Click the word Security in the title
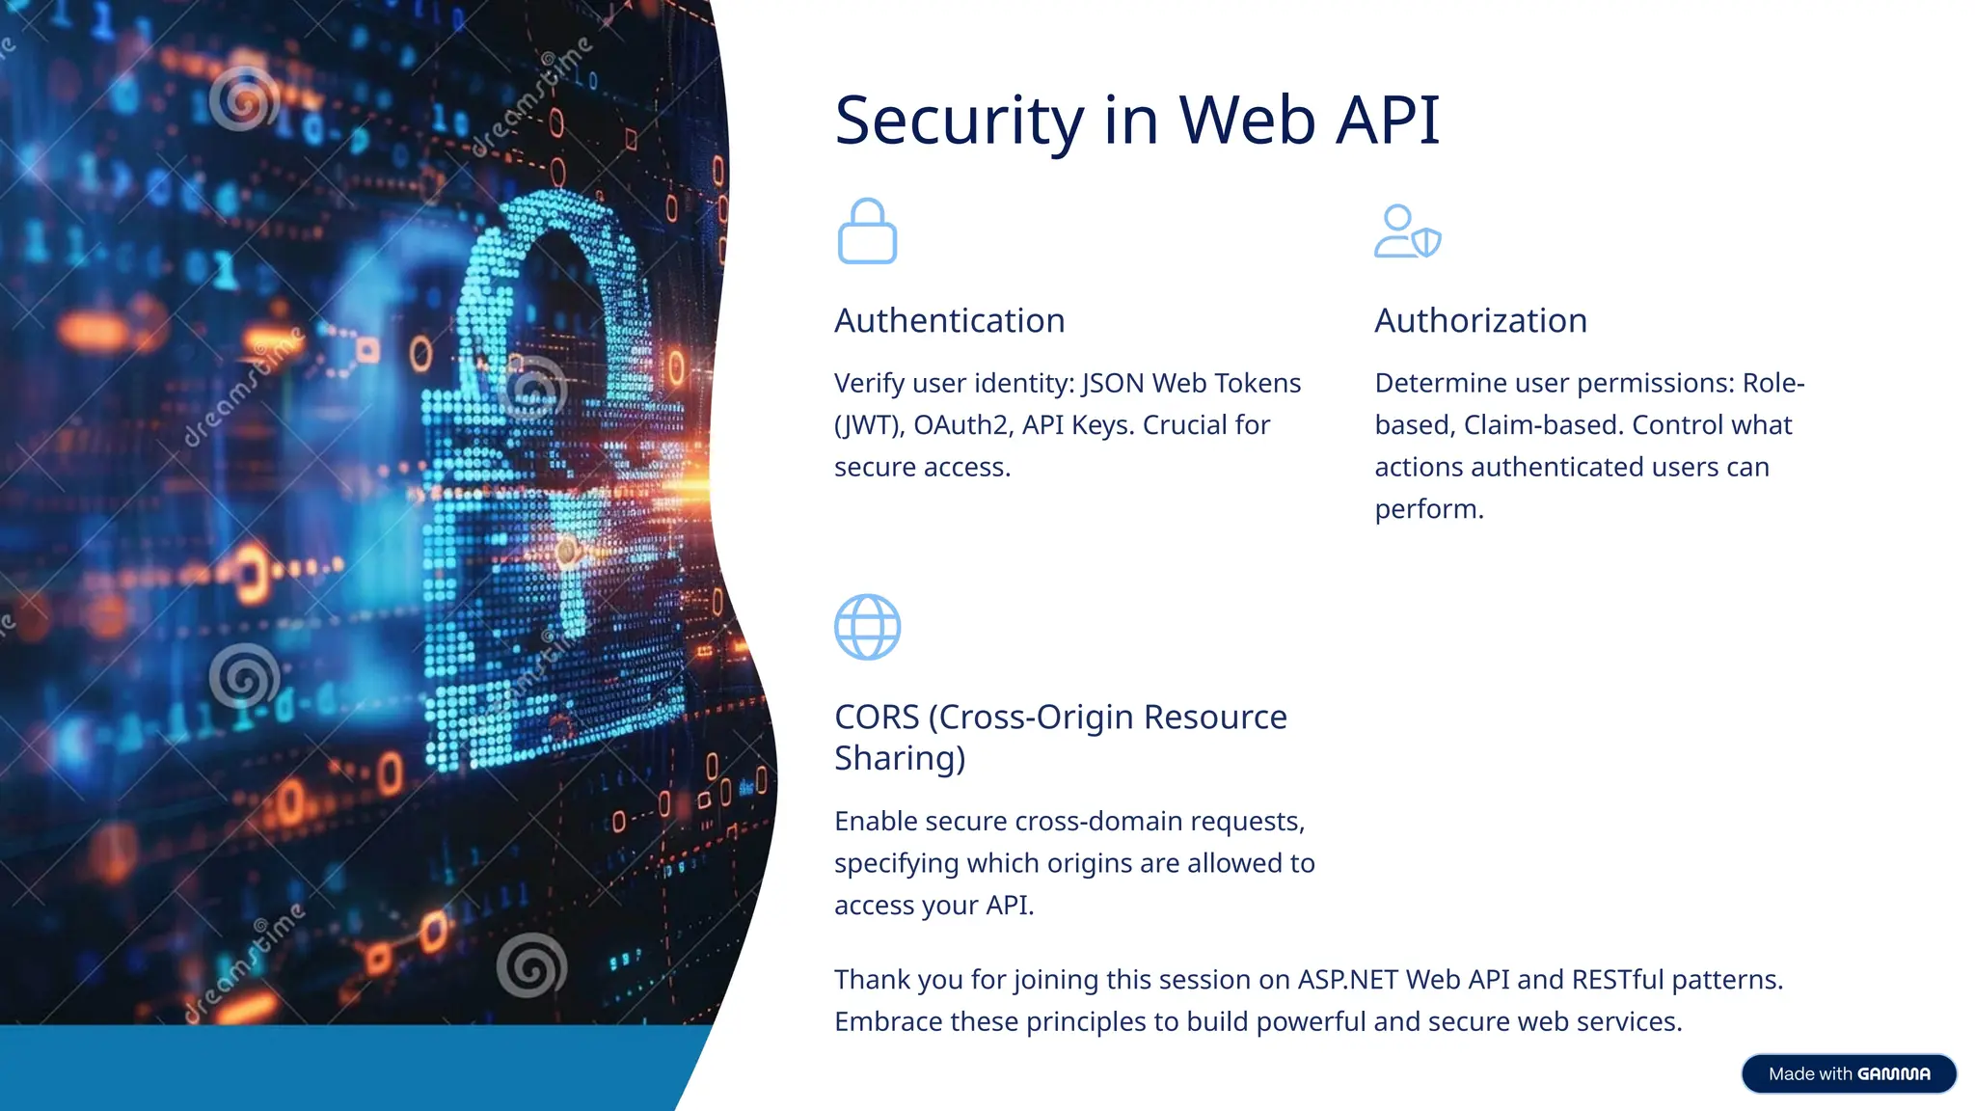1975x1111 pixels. pos(960,122)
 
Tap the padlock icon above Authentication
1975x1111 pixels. pos(867,231)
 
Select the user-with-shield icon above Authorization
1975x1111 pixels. pos(1407,231)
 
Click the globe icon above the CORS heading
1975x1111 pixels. pos(867,627)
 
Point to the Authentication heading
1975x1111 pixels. pos(949,320)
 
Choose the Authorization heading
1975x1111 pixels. pos(1480,320)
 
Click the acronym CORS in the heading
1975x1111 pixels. pos(877,718)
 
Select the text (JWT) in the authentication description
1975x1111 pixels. pos(869,425)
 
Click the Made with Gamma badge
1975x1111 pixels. pos(1849,1074)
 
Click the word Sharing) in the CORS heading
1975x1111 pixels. pos(900,759)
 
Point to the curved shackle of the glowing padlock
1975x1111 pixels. pos(555,251)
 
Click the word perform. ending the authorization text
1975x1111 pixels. pos(1429,509)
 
